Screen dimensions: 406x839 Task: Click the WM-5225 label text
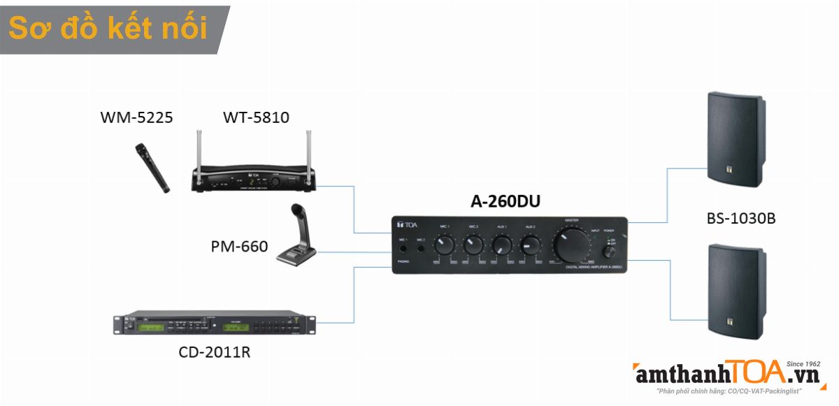coord(136,117)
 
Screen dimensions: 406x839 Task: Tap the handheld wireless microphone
coord(152,168)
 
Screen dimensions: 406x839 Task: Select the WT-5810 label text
coord(256,117)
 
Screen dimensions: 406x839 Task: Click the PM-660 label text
coord(239,246)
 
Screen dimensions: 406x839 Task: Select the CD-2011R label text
coord(214,351)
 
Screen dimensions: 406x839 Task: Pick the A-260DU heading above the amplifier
coord(505,201)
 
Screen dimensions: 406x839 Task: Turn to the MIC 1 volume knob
coord(444,245)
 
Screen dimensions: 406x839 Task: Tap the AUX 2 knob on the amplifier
coord(530,245)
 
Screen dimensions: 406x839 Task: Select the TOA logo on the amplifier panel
coord(407,224)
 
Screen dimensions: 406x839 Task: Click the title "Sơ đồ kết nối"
coord(108,29)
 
